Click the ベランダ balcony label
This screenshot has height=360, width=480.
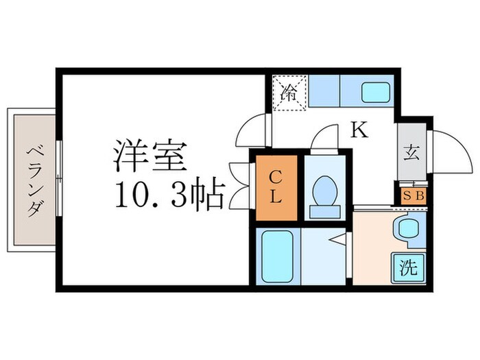pos(32,180)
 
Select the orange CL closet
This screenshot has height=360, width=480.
pos(276,187)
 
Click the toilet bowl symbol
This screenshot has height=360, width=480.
pos(323,190)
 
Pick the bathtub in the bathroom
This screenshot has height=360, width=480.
pos(277,256)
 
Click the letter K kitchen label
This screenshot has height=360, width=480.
pos(359,130)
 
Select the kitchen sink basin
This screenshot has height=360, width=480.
pos(375,92)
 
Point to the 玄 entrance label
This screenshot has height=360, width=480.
pos(411,153)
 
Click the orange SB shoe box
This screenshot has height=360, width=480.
pos(413,195)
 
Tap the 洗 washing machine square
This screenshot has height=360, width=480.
pos(409,267)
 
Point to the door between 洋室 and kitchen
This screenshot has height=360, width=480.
pos(252,130)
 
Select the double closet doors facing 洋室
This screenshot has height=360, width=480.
pos(241,184)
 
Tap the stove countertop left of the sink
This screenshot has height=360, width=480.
pos(324,92)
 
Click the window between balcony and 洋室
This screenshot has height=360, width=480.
pos(59,180)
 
